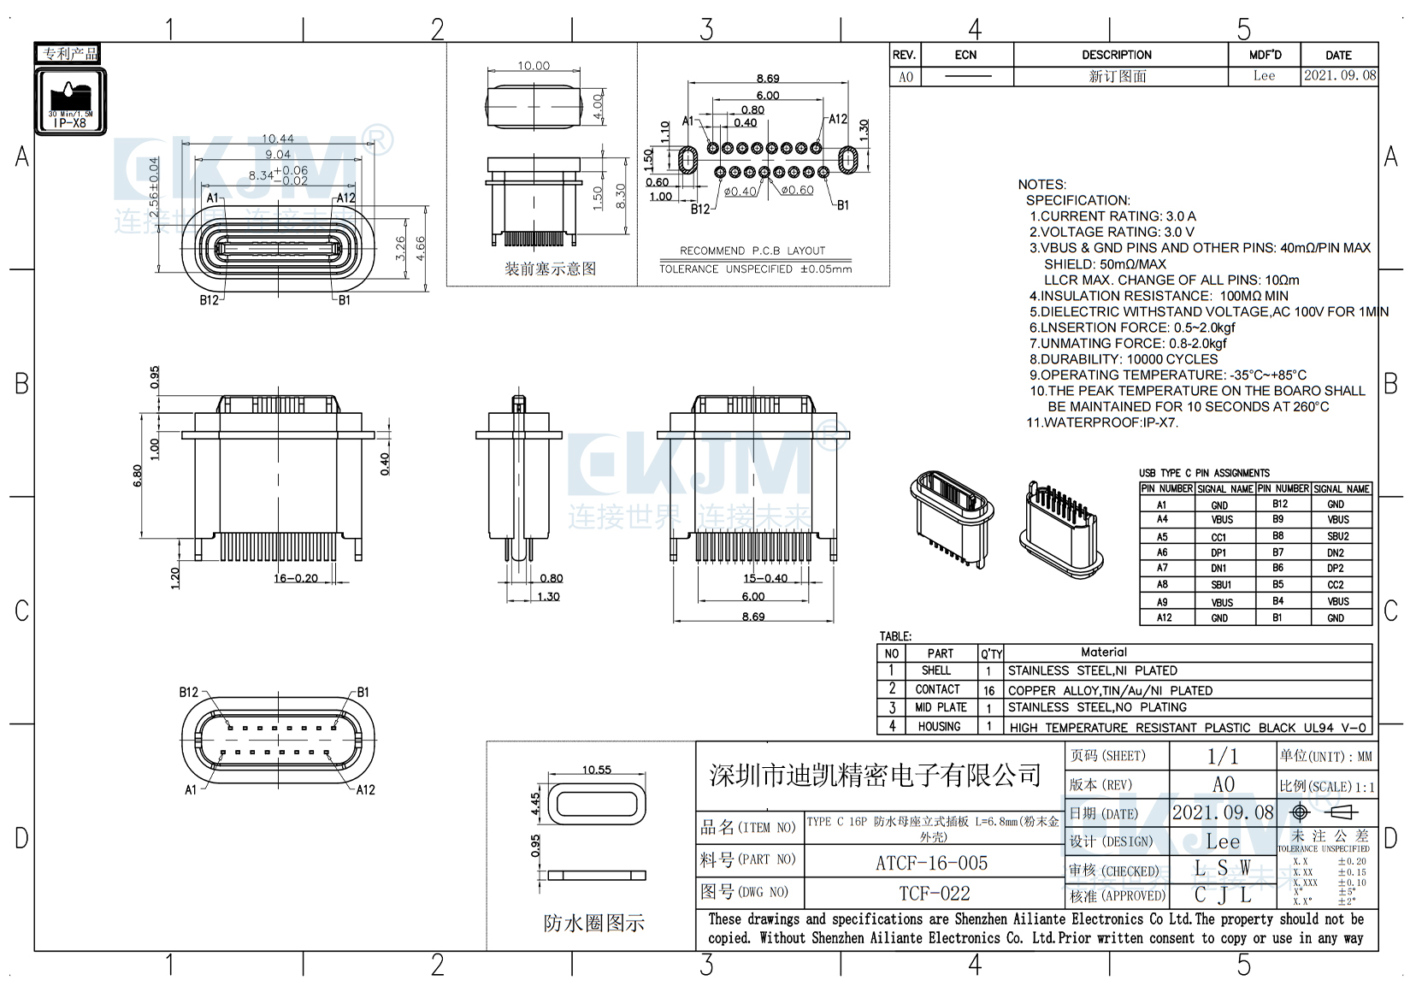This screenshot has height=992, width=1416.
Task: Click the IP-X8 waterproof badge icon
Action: tap(70, 101)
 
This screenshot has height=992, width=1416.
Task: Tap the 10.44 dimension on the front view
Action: tap(278, 139)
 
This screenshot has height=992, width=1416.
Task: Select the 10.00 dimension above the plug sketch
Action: tap(534, 66)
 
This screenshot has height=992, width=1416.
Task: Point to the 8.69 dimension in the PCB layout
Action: tap(768, 79)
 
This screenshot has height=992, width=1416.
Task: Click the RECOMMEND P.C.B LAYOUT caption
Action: tap(752, 251)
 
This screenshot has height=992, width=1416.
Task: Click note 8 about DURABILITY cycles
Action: tap(1124, 359)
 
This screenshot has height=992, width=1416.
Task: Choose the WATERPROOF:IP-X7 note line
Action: tap(1102, 422)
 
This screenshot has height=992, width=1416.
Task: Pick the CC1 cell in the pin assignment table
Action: tap(1218, 537)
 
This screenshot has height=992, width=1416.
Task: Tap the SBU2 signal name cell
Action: tap(1338, 536)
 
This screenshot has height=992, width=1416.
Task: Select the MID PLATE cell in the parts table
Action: tap(941, 707)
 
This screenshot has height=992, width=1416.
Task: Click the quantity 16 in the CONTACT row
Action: tap(989, 690)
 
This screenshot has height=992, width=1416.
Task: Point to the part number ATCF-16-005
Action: tap(931, 863)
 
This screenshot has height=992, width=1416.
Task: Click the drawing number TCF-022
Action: tap(934, 894)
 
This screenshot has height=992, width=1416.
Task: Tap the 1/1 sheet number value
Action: tap(1222, 756)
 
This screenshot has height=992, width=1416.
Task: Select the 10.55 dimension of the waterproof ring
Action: tap(597, 770)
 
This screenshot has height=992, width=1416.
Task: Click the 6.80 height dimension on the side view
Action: tap(139, 475)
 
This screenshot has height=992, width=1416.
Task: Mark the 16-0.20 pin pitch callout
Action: tap(296, 578)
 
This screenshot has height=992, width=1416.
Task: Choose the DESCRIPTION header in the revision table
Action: tap(1117, 55)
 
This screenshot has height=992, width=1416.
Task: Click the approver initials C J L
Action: tap(1223, 895)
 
